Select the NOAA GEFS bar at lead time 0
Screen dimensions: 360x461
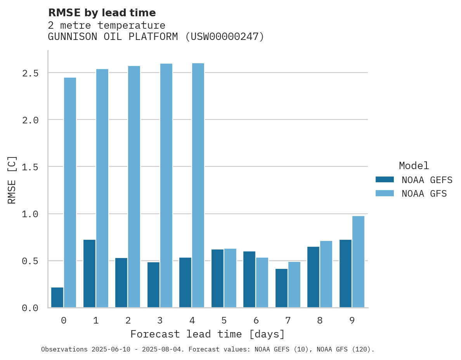(x=57, y=298)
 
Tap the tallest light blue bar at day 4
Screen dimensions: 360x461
(x=198, y=185)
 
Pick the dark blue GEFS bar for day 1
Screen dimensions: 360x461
(x=89, y=273)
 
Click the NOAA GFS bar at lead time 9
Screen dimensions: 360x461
(x=358, y=262)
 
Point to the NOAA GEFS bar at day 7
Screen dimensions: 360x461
(x=281, y=288)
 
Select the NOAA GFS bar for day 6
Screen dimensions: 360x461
(x=262, y=282)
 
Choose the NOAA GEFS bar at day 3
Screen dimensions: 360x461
(x=153, y=285)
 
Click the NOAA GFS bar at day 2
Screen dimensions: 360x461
(x=134, y=187)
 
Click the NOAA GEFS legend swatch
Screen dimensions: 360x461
(x=385, y=180)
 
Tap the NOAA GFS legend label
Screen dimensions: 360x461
(x=424, y=194)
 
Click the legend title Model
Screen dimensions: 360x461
(x=414, y=166)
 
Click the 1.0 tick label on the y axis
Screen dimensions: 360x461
(x=30, y=214)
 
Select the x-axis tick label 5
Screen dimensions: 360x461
(x=224, y=320)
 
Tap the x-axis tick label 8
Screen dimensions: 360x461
(x=320, y=320)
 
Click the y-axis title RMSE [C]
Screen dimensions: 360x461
(x=12, y=180)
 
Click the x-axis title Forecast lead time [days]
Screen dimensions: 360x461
(x=208, y=334)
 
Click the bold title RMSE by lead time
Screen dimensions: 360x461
(x=102, y=13)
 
